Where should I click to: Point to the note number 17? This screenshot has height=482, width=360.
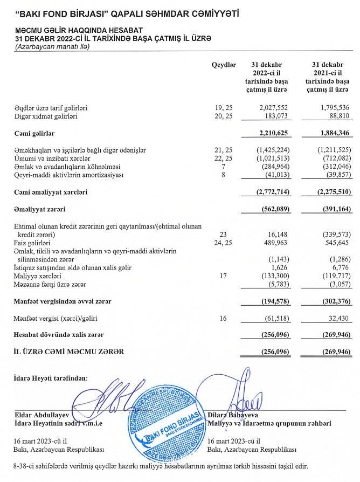tap(224, 276)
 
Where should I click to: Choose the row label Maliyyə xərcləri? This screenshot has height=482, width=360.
tap(37, 276)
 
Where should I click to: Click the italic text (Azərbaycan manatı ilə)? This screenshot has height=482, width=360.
tap(52, 47)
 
